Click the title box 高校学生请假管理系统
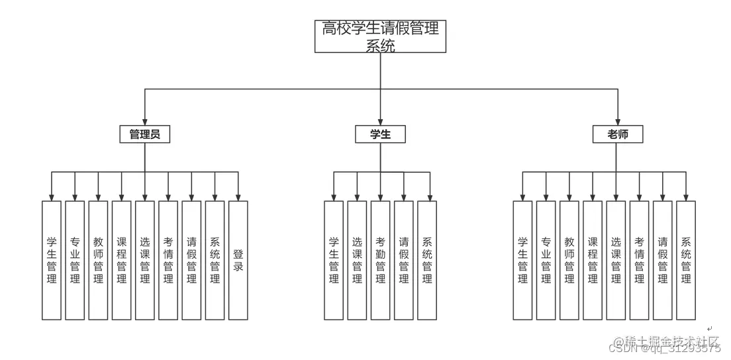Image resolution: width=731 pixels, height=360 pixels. (380, 36)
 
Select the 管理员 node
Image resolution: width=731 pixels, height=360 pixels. (145, 134)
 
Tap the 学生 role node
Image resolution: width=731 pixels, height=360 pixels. (380, 134)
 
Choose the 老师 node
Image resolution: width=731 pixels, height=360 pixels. (618, 134)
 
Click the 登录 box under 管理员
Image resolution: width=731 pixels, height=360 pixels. (238, 260)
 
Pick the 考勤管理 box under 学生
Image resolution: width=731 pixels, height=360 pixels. (380, 260)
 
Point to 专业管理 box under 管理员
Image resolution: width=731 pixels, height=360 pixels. (75, 260)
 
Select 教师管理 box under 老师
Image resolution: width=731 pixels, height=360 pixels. (569, 260)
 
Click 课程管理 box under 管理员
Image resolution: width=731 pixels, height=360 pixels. (122, 260)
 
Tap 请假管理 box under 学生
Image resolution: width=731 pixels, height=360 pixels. (404, 260)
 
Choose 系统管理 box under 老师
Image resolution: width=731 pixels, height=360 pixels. (686, 260)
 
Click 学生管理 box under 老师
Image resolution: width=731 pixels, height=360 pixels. (522, 260)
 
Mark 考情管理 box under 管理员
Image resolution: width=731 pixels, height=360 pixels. (168, 260)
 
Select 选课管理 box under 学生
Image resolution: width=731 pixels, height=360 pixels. (357, 260)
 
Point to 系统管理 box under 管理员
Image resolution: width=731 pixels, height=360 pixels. (215, 260)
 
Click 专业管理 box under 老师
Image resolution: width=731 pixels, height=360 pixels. (546, 260)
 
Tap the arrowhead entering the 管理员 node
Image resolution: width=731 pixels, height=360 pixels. (145, 122)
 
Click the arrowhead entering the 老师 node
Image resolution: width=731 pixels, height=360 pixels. (618, 122)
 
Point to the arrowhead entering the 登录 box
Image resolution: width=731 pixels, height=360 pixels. (238, 197)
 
